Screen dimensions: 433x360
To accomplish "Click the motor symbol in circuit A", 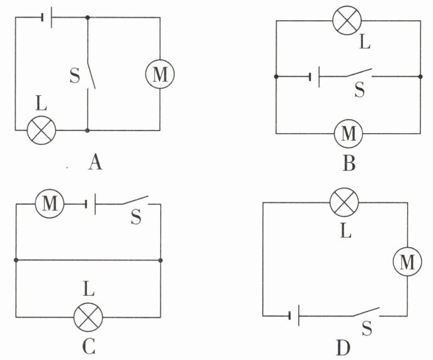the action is coord(160,74).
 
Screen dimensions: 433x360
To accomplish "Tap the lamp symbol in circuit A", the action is coord(42,130).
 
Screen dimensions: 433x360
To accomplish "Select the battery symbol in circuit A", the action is coord(47,18).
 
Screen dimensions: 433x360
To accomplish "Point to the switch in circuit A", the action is coord(91,75).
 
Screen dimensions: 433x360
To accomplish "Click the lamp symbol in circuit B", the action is coord(347,20).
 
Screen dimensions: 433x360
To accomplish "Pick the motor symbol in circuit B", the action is coord(349,134).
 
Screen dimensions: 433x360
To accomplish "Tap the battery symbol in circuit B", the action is coord(315,77).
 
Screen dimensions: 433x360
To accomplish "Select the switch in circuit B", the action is coord(359,73).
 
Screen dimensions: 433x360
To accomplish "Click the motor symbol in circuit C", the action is coord(50,204).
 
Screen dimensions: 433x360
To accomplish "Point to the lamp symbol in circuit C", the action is coord(88,317).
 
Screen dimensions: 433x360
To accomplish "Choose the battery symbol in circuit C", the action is coord(90,204).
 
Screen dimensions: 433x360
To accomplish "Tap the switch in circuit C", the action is coord(136,200).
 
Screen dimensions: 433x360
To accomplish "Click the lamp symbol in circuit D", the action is coord(344,202).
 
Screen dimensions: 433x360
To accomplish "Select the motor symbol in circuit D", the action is coord(407,262).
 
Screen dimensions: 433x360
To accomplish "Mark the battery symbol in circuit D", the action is coord(294,315).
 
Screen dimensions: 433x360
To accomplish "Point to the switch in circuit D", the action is coord(366,312).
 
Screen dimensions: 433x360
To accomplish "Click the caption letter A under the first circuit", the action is coord(95,162).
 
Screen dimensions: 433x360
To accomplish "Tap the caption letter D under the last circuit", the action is coord(344,348).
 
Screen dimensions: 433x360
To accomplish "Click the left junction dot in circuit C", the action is coord(16,260).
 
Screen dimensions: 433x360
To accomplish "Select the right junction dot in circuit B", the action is coord(420,76).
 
